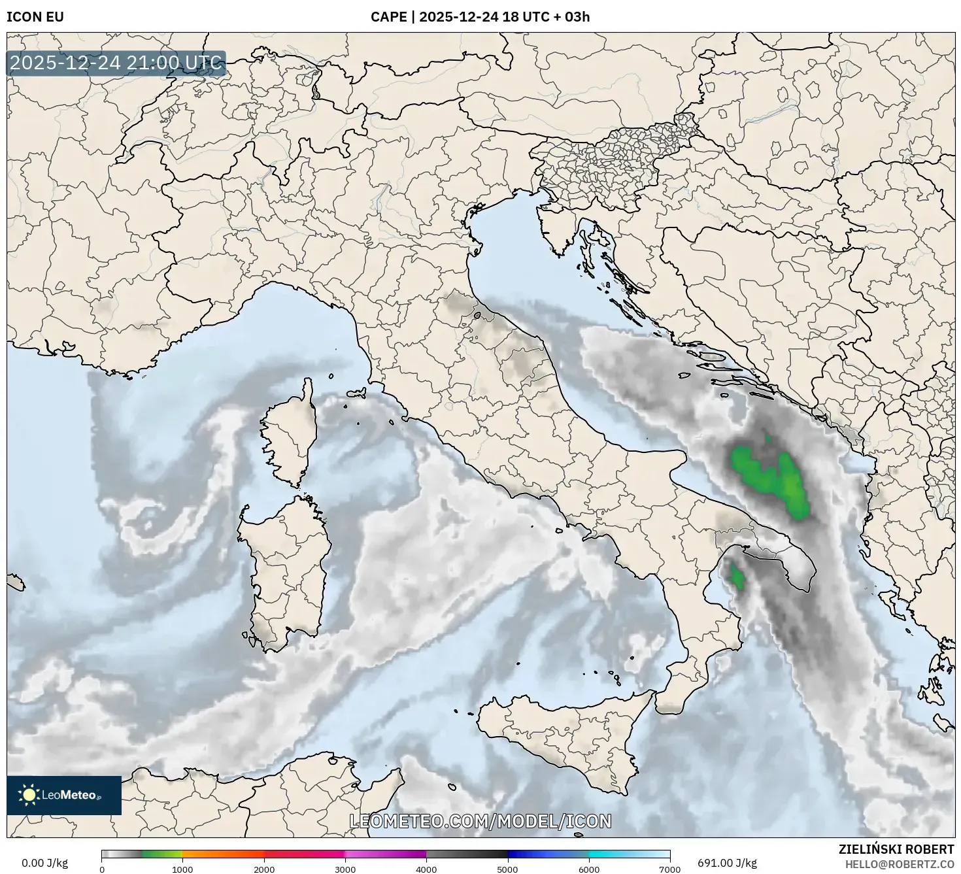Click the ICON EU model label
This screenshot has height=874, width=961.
tap(35, 17)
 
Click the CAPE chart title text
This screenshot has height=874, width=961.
tap(480, 17)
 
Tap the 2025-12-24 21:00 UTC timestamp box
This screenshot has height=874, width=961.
tap(116, 63)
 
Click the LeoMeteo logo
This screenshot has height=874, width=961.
tap(64, 795)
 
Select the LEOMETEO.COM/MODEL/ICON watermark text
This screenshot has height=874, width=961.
tap(480, 822)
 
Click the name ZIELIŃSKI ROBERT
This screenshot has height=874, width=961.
tap(896, 849)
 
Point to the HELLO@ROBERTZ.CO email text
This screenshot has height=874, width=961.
tap(898, 864)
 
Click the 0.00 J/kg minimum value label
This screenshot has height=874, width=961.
tap(44, 863)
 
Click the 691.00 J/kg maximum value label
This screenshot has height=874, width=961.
tap(727, 863)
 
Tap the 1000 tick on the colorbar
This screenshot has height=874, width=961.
tap(182, 869)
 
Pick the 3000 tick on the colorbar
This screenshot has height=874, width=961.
tap(345, 869)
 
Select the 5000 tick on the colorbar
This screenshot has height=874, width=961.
tap(507, 869)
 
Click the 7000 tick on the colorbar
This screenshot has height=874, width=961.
tap(670, 869)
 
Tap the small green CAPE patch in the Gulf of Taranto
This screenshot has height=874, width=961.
tap(737, 577)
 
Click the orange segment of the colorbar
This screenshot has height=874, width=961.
tap(222, 854)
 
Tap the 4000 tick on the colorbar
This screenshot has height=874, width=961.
tap(426, 869)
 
